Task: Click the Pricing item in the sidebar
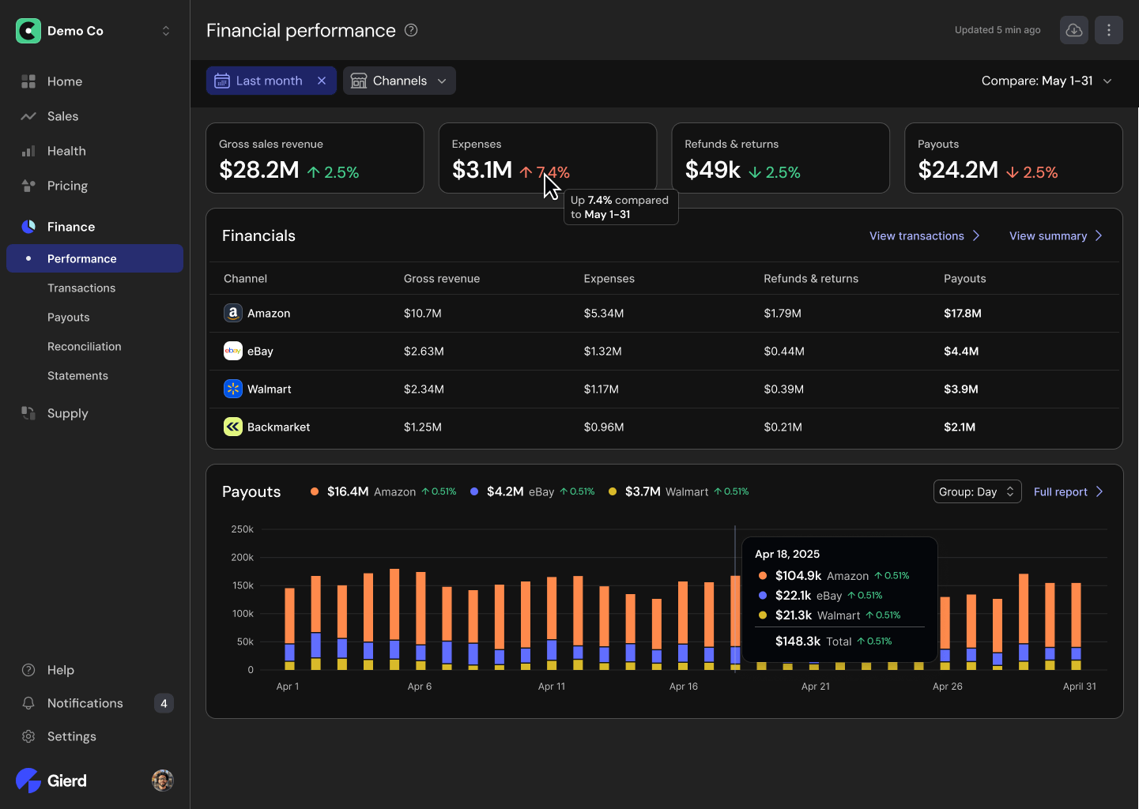(x=67, y=186)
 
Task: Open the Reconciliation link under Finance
(x=84, y=346)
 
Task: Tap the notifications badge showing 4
(x=164, y=703)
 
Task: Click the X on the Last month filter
(x=322, y=81)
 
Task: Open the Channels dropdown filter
(x=399, y=81)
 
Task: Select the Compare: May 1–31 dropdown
(x=1046, y=81)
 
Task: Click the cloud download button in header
(x=1073, y=30)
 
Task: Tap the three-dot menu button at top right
(x=1108, y=30)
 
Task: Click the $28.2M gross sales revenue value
(x=259, y=170)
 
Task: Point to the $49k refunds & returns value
(x=712, y=170)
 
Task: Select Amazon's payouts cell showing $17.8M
(x=962, y=313)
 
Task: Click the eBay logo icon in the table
(x=232, y=351)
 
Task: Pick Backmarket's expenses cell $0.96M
(x=603, y=427)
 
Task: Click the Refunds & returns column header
(x=810, y=278)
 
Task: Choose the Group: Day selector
(x=976, y=491)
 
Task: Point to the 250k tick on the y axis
(x=242, y=529)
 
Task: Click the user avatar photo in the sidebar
(x=162, y=781)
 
